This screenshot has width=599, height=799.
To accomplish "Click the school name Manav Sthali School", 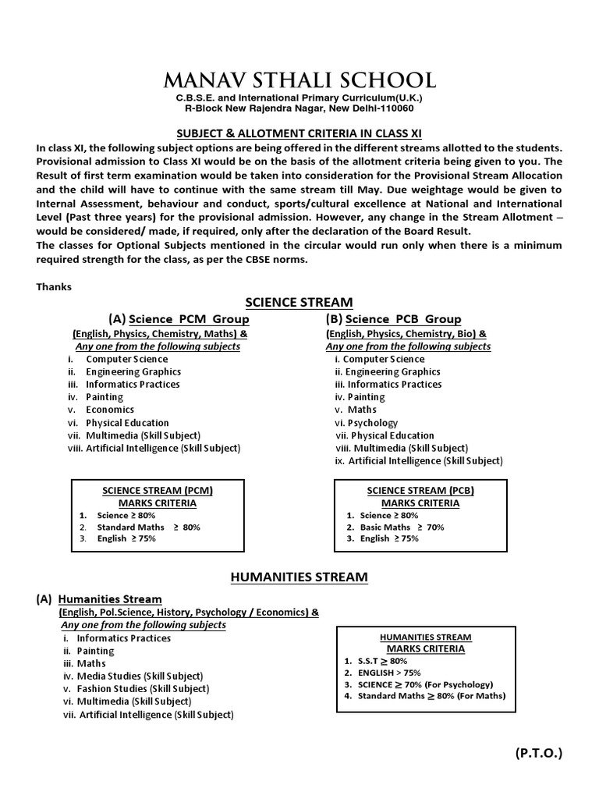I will pos(299,80).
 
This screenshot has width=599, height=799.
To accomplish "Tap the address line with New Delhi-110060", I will pos(299,109).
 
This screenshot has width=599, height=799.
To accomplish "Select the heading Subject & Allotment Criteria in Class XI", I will pos(299,133).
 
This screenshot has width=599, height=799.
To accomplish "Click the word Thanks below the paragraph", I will pos(54,286).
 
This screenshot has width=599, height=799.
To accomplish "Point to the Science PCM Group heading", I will pos(189,319).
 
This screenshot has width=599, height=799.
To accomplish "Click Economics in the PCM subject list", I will pos(110,410).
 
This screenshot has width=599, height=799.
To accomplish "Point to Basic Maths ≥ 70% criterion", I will pos(402,527).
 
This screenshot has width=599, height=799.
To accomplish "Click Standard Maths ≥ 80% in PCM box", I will pos(148,527).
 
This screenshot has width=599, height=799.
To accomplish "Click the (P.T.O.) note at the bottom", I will pos(538,753).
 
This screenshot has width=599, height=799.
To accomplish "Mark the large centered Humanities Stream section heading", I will pos(299,577).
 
